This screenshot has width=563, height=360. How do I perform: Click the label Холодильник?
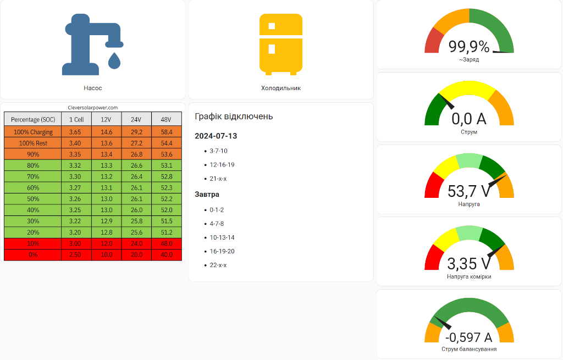[280, 88]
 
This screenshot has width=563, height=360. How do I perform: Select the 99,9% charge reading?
[469, 47]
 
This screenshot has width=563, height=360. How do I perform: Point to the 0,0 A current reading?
[469, 119]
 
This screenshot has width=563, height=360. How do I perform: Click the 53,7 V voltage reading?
[469, 191]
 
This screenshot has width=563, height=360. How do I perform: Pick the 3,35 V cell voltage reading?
[469, 264]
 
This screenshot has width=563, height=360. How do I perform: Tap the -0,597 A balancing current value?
[469, 337]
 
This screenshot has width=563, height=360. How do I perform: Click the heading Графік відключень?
[234, 117]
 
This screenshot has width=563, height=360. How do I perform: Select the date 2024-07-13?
[216, 136]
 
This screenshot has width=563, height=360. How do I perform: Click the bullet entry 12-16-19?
[222, 164]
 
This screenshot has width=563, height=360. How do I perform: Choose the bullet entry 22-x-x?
[218, 265]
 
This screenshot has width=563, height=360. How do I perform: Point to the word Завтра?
[207, 195]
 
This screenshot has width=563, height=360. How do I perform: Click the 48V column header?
[166, 120]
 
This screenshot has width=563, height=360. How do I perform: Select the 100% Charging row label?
[33, 132]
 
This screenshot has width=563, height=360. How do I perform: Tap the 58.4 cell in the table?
[166, 132]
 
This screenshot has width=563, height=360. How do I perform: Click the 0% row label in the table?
[33, 255]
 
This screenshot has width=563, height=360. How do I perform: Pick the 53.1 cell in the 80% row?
[166, 165]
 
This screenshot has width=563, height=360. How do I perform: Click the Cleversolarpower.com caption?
[92, 108]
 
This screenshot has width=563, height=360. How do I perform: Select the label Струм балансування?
[469, 349]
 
